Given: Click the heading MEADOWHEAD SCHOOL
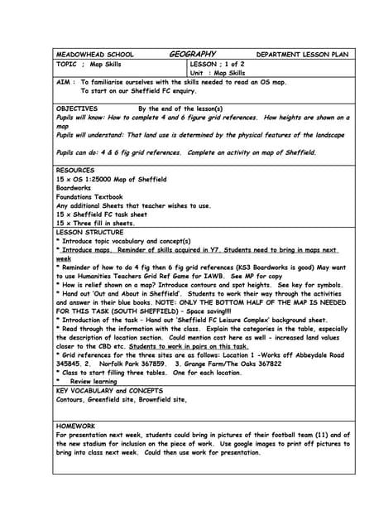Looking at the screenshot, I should point(94,55).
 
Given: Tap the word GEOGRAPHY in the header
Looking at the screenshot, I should point(193,55).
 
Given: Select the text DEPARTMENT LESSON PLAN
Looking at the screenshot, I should point(302,55).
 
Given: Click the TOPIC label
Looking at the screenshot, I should point(67,64).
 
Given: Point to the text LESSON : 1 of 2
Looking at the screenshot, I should point(217,64).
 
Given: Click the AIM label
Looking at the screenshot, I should point(65,82).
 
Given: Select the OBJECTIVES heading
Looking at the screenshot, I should point(77,108).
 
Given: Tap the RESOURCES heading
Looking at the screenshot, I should point(75,171).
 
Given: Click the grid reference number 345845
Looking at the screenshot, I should point(70,363).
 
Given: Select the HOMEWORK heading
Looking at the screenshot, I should point(75,426).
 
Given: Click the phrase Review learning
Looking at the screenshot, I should point(93,381).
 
